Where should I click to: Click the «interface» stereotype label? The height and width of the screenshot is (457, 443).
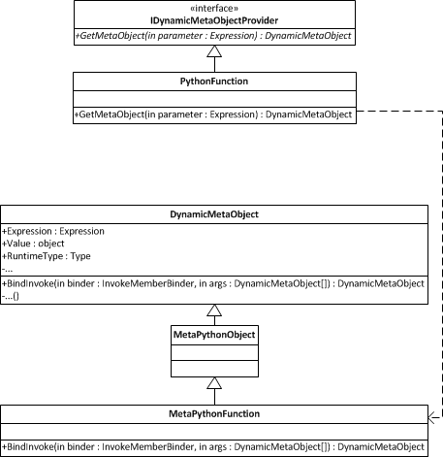214,8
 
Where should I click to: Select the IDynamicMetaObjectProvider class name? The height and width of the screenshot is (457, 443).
214,20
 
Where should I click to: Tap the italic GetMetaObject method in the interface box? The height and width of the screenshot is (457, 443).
213,36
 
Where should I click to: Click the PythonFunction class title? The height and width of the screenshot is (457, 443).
214,82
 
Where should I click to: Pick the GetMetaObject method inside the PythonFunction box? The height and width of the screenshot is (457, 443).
213,114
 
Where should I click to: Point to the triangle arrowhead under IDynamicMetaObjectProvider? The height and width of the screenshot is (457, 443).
214,51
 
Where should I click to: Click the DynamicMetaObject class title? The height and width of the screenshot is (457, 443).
214,214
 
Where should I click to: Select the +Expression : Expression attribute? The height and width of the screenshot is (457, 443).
53,231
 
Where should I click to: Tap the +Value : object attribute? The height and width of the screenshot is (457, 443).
33,244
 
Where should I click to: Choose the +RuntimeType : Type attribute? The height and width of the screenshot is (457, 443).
47,256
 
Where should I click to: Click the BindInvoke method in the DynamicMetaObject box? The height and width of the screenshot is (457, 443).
213,283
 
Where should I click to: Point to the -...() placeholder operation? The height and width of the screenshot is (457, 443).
11,296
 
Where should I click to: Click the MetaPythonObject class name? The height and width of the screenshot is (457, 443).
214,335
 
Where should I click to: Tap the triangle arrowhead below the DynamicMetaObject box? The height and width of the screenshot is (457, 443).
214,310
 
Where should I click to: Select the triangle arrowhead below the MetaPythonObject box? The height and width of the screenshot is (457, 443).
214,383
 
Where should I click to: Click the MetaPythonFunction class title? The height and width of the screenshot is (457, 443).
214,414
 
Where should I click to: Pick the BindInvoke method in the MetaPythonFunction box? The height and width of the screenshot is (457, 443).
213,447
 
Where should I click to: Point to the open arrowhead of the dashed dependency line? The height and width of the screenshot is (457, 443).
432,417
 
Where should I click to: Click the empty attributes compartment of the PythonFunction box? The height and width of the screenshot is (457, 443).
214,99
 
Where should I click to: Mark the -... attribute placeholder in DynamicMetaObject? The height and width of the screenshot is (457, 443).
7,270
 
